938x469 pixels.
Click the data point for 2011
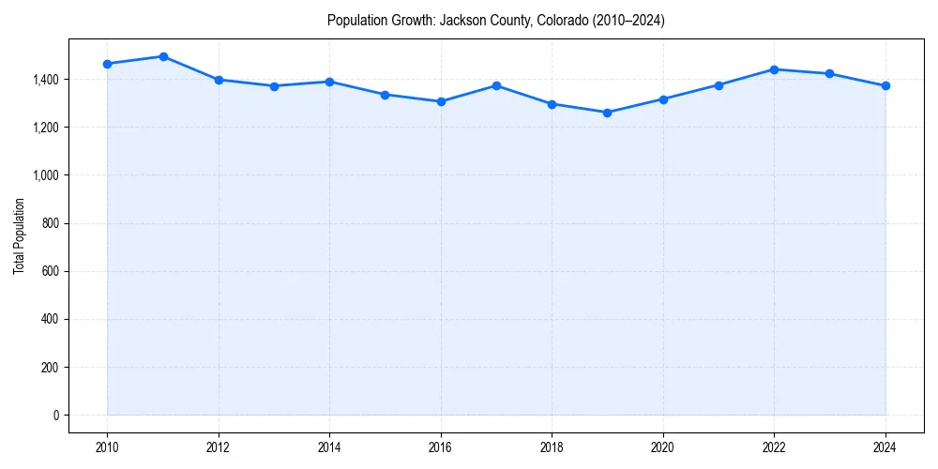point(163,56)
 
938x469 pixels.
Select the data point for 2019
point(607,113)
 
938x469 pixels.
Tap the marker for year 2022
point(774,69)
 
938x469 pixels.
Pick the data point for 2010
point(108,64)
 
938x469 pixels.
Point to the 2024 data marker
point(885,86)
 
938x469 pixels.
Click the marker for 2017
point(496,85)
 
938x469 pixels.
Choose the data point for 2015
point(386,95)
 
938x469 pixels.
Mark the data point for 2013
point(274,86)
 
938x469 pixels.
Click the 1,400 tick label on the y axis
point(44,80)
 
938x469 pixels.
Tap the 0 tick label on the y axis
point(55,416)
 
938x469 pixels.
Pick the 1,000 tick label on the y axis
point(44,175)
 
